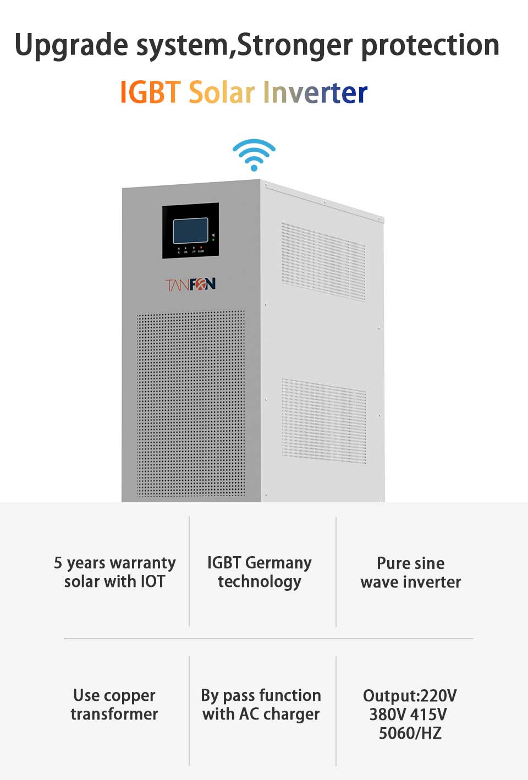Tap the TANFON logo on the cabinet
(190, 284)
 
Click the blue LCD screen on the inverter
(190, 230)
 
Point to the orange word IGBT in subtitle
(150, 92)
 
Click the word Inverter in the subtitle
(315, 92)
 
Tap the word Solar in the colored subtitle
(222, 92)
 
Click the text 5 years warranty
(115, 563)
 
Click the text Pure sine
(411, 563)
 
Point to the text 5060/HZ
(410, 733)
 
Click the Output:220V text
(410, 696)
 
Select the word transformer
(114, 714)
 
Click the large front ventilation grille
(191, 404)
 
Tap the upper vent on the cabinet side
(323, 262)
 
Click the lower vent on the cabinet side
(324, 421)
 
